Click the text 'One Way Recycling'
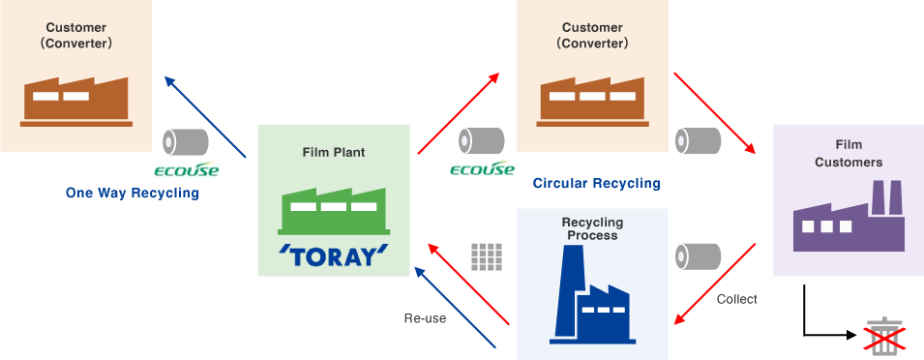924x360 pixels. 132,193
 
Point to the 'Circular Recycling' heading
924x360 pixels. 597,183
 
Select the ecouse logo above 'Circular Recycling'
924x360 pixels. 482,169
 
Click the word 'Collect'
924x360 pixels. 736,299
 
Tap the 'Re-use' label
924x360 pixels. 425,317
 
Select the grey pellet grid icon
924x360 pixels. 489,256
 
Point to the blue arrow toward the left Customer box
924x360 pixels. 205,115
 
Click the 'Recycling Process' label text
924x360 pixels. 592,228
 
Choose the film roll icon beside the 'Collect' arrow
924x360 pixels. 698,257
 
